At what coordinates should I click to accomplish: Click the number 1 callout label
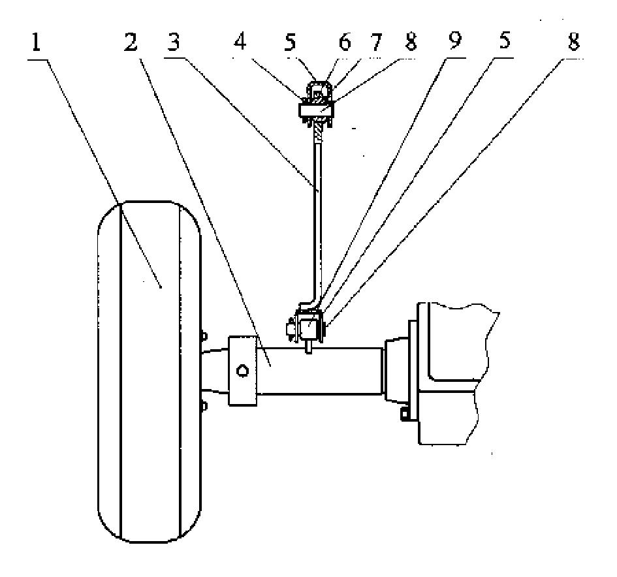pyautogui.click(x=36, y=42)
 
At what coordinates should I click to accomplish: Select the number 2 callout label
pyautogui.click(x=131, y=42)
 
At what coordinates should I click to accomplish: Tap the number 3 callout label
pyautogui.click(x=174, y=42)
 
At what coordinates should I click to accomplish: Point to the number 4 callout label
pyautogui.click(x=240, y=42)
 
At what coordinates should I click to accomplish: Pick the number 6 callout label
pyautogui.click(x=345, y=42)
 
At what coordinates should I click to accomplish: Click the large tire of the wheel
pyautogui.click(x=149, y=371)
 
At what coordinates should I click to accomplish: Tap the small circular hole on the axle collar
pyautogui.click(x=242, y=371)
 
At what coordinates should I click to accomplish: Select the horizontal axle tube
pyautogui.click(x=319, y=371)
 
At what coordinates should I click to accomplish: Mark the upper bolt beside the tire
pyautogui.click(x=204, y=335)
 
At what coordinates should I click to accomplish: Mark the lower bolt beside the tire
pyautogui.click(x=204, y=405)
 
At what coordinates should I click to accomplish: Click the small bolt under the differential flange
pyautogui.click(x=404, y=414)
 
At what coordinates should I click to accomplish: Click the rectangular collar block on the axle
pyautogui.click(x=243, y=371)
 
